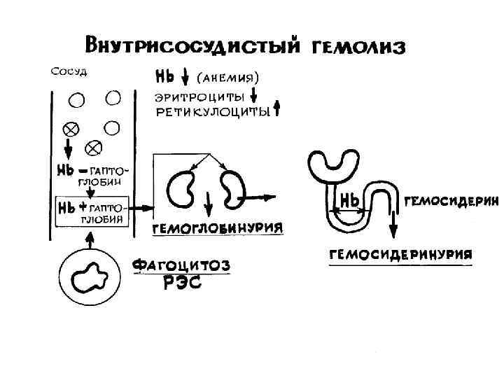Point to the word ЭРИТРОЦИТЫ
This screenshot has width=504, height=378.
199,96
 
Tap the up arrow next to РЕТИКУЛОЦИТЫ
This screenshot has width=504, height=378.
276,108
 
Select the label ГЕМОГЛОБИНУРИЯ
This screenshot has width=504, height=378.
218,229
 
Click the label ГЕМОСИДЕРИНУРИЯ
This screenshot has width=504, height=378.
400,253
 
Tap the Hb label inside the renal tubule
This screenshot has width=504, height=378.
350,201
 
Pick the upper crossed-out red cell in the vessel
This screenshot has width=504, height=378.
71,129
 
